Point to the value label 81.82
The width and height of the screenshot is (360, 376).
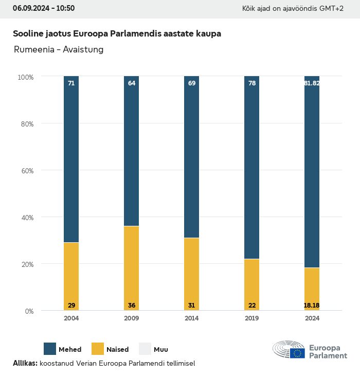[x=312, y=83]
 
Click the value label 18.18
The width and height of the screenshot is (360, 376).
[x=312, y=306]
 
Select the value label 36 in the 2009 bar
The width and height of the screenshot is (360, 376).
[x=131, y=306]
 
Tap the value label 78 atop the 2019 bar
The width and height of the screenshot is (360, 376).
[x=251, y=83]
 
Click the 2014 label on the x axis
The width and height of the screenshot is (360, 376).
[x=191, y=318]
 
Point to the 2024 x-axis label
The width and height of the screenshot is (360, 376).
[x=312, y=318]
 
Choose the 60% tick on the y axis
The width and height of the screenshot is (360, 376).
[x=26, y=170]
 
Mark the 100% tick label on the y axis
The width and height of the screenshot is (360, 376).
[x=25, y=77]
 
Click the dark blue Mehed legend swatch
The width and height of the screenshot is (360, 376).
[x=50, y=349]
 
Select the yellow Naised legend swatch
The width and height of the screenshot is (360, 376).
[x=98, y=349]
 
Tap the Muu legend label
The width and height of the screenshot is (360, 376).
[x=161, y=349]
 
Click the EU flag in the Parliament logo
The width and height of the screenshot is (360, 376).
[x=297, y=353]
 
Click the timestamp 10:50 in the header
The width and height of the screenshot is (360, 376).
[x=65, y=8]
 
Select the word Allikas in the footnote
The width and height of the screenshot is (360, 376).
[x=25, y=363]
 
